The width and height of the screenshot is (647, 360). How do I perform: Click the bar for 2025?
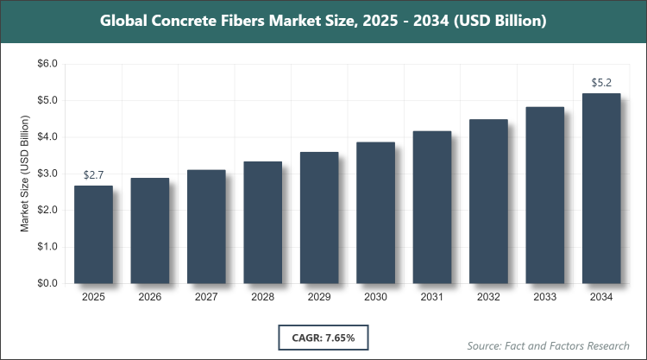click(93, 234)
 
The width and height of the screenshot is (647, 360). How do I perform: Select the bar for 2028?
click(262, 222)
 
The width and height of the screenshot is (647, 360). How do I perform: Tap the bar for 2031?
click(432, 207)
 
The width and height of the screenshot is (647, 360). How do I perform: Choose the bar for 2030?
click(375, 212)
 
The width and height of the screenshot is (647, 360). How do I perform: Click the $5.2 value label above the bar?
click(602, 83)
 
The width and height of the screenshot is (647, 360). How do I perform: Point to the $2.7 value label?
click(93, 175)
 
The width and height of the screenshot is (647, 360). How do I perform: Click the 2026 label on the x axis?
click(149, 298)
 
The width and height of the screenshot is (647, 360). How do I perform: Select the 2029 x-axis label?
click(319, 298)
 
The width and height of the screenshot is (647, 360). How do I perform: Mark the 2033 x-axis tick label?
click(545, 298)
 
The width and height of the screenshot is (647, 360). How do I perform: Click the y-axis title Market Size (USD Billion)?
click(25, 174)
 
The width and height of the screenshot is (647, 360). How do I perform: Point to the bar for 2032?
click(488, 201)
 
